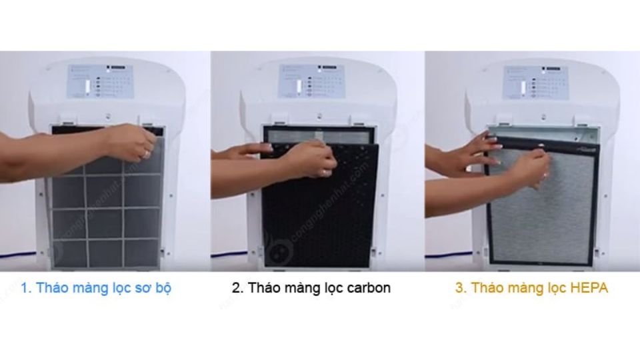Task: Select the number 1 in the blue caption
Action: pos(25,288)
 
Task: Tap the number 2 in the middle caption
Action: pos(237,288)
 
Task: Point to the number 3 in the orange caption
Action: pos(460,288)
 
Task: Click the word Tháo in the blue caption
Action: pos(51,288)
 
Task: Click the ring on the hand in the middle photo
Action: pos(325,173)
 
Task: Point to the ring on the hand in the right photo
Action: pos(545,175)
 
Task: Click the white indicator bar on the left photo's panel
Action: pos(86,87)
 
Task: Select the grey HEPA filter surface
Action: pos(540,220)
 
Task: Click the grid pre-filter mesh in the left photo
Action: pos(107,213)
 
